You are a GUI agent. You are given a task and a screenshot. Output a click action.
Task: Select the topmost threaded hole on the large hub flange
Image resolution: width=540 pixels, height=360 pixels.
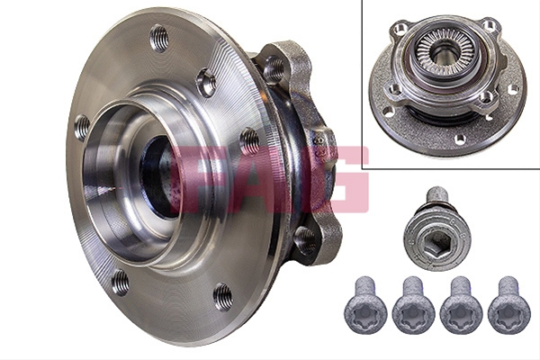pyautogui.click(x=159, y=38)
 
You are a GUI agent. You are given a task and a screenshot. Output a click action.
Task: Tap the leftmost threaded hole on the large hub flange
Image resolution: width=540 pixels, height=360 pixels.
pyautogui.click(x=82, y=128)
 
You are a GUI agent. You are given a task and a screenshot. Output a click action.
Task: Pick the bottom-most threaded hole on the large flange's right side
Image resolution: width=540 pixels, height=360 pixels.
pyautogui.click(x=223, y=297)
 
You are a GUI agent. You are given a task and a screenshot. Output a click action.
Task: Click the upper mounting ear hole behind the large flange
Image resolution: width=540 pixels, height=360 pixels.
pyautogui.click(x=274, y=69)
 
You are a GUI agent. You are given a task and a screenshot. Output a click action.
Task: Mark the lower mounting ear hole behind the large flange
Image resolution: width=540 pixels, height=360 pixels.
pyautogui.click(x=305, y=240)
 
